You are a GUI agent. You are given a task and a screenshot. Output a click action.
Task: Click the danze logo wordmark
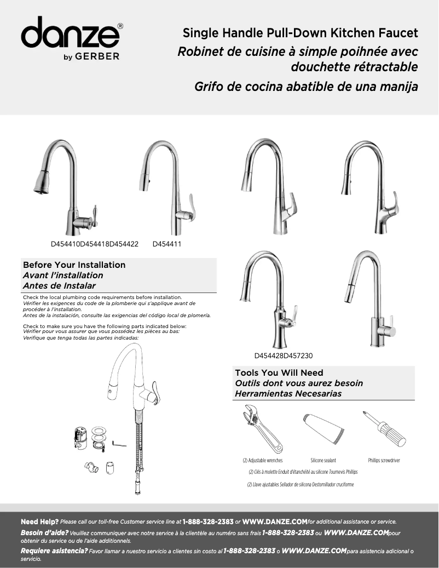[71, 34]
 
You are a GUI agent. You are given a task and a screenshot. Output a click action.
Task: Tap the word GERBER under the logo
[101, 57]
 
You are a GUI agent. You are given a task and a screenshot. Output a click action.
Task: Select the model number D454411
[167, 243]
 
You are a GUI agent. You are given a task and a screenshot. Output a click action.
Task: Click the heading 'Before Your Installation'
[74, 265]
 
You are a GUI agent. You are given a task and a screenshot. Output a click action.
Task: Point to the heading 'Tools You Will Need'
[279, 373]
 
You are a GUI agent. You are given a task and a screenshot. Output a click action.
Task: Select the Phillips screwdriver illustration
[384, 428]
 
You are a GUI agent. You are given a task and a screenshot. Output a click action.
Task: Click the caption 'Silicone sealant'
[323, 461]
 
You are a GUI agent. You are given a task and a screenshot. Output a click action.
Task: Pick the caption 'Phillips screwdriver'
[384, 461]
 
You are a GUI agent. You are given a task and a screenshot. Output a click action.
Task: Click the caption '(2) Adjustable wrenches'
[263, 461]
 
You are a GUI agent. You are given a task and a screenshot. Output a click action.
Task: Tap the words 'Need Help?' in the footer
[39, 521]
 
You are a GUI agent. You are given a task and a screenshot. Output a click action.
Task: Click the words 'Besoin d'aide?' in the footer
[44, 532]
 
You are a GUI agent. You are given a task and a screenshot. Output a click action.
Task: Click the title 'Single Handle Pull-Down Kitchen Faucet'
[300, 33]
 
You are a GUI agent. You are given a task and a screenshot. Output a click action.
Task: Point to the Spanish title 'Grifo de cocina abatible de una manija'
[306, 87]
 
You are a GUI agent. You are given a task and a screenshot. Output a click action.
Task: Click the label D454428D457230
[284, 355]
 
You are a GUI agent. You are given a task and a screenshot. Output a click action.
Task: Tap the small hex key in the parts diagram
[119, 443]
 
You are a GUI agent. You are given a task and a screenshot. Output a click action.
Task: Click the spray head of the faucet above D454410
[42, 182]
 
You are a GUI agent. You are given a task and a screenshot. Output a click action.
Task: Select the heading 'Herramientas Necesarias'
[288, 393]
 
